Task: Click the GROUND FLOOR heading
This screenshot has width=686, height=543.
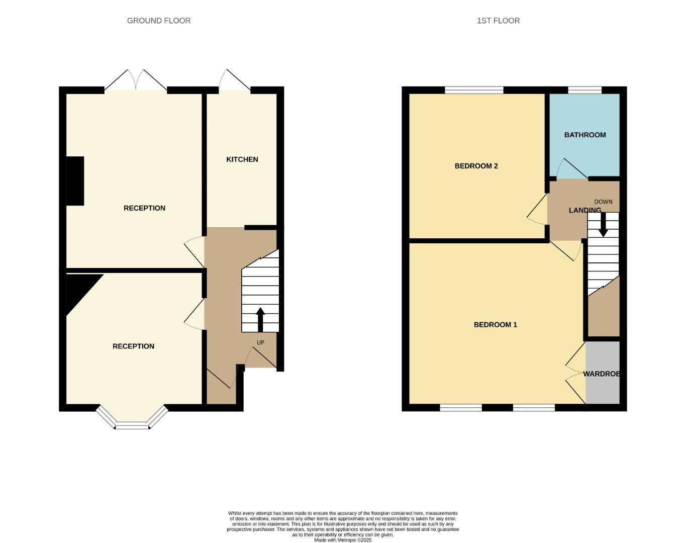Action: pos(159,21)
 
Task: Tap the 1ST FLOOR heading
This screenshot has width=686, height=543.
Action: pos(498,21)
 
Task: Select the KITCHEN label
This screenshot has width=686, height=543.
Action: pos(242,159)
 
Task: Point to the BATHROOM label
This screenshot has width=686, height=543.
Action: pos(585,135)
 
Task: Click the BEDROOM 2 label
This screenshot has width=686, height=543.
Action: pos(476,166)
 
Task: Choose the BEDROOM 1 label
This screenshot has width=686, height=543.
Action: pos(496,325)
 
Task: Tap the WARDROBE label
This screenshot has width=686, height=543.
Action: pos(602,374)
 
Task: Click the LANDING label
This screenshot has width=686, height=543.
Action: pos(585,210)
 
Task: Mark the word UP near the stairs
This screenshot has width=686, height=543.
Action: pos(260,343)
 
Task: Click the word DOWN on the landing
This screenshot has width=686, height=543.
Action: pos(603,202)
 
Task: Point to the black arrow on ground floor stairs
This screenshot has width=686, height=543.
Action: pos(260,320)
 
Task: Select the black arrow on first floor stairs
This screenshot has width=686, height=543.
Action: pos(603,225)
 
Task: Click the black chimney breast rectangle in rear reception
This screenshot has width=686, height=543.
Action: pos(75,181)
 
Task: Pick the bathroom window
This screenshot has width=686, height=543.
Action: pos(584,90)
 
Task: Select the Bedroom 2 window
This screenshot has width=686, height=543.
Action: pos(474,90)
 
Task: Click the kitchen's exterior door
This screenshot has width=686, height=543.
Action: pos(235,81)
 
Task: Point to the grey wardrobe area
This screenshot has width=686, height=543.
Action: pos(603,373)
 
